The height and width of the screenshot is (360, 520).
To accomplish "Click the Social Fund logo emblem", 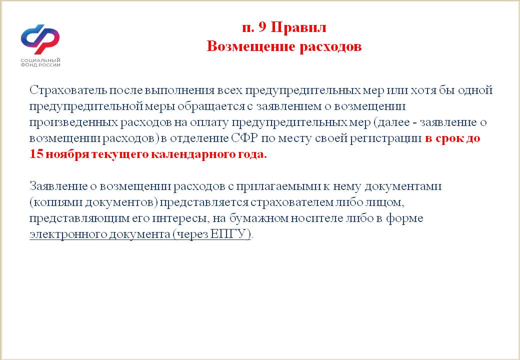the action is coord(40,39).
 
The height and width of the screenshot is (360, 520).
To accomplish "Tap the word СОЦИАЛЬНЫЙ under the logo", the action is coord(40,60).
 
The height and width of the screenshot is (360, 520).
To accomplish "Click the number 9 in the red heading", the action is coord(262,27).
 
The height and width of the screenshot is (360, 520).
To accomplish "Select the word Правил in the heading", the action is coord(298,27).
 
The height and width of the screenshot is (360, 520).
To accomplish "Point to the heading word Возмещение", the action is coord(251,46).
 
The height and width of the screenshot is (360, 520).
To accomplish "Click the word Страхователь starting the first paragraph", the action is coord(68,90).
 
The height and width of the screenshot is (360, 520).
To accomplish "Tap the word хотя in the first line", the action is coord(423,90).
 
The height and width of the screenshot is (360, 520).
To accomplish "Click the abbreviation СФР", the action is coord(244,138).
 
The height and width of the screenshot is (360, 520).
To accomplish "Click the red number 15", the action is coord(36,154).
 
